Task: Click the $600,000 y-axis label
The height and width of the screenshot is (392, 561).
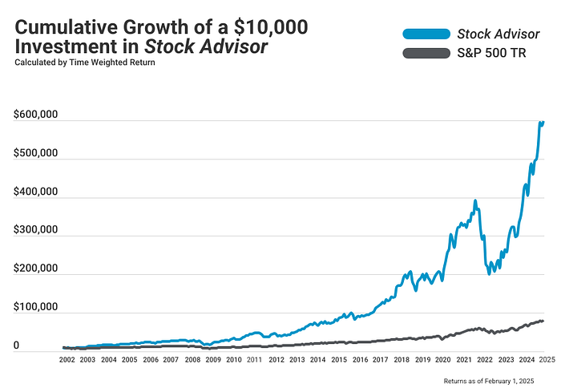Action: coord(34,115)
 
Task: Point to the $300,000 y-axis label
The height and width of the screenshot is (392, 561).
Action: coord(34,230)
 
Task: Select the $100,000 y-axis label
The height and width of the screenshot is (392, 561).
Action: coord(34,307)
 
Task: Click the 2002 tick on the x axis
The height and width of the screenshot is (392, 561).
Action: coord(67,361)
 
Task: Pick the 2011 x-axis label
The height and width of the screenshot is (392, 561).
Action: coord(254,361)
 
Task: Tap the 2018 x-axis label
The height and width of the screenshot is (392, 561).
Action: coord(401,361)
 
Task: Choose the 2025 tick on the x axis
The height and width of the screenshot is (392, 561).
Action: coord(547,361)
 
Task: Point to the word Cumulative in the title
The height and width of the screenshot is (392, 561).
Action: coord(61,26)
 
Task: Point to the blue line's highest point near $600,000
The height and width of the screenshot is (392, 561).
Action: coord(541,122)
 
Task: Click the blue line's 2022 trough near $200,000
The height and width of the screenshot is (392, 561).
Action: coord(489,273)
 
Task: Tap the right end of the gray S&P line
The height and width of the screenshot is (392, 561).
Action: coord(543,321)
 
